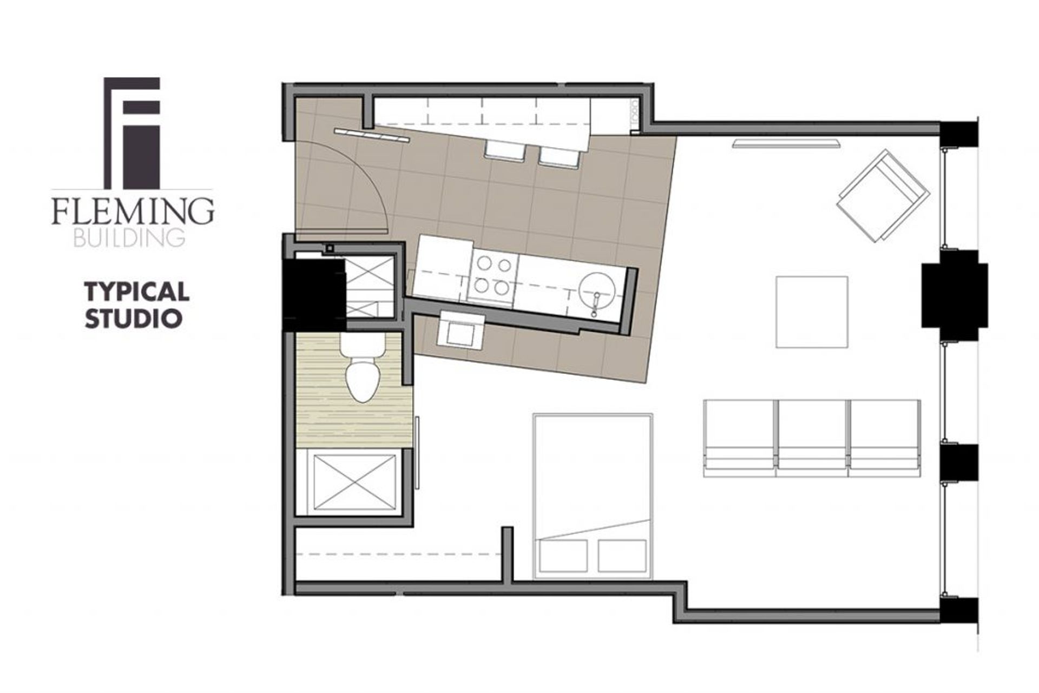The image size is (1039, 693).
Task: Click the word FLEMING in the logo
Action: point(133,212)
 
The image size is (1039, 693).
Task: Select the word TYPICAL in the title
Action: point(136,293)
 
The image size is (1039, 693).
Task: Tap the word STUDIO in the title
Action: point(133,319)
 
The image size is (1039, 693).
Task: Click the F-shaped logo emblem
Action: point(132,133)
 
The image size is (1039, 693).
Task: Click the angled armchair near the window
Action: point(883,195)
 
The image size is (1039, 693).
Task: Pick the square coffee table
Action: point(812,312)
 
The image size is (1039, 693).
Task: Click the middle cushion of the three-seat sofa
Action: point(812,438)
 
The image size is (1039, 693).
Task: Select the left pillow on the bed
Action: point(564,563)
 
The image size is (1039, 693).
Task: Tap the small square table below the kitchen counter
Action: point(459,329)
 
